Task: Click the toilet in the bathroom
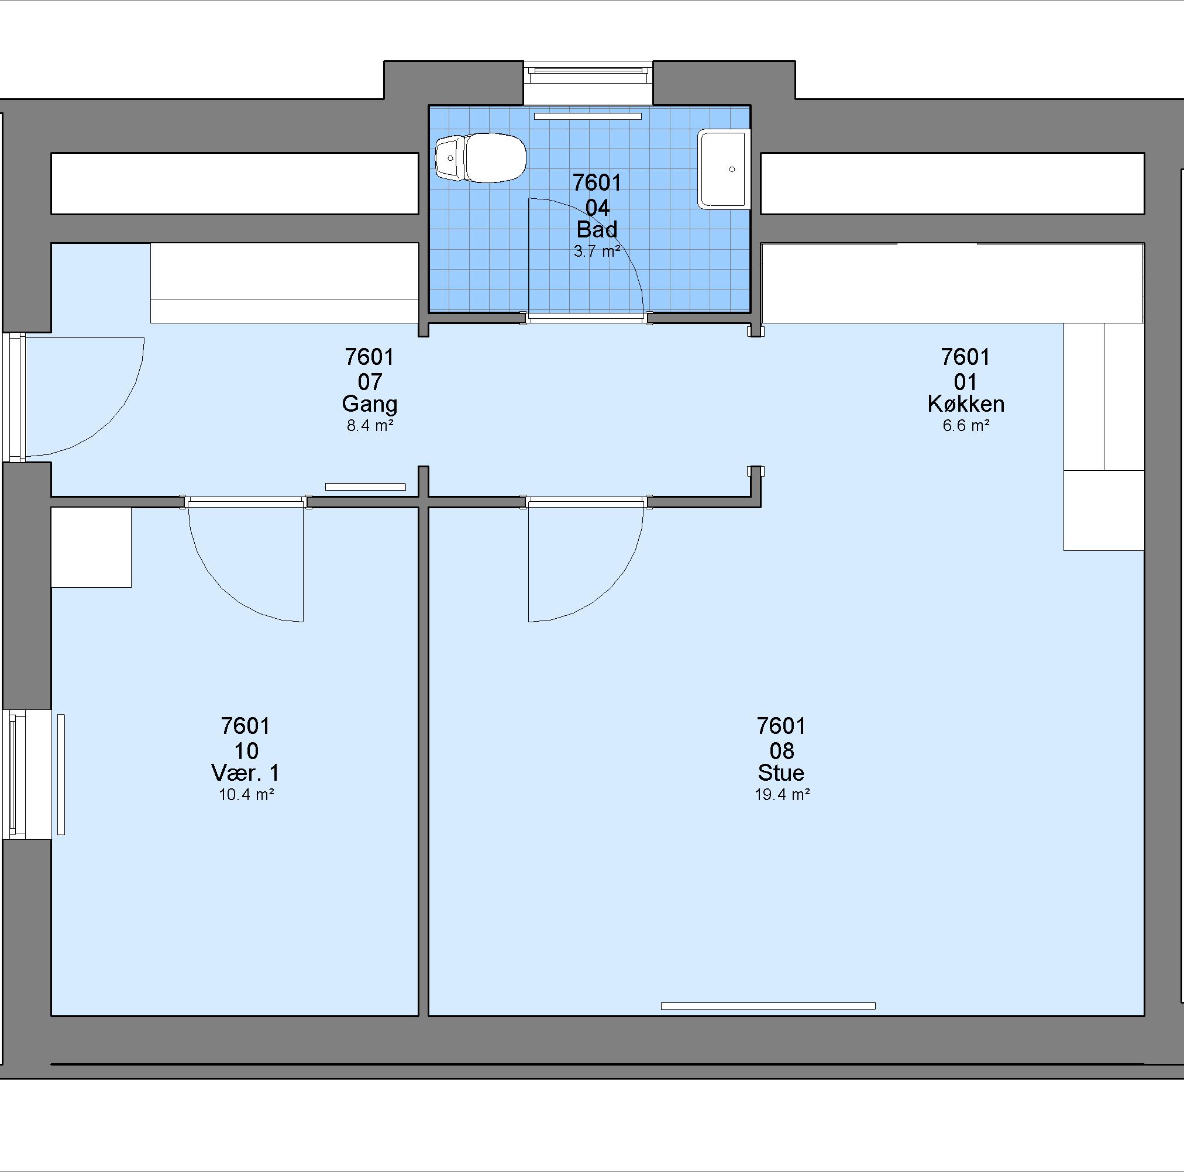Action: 480,158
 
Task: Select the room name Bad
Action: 597,230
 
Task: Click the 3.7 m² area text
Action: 597,251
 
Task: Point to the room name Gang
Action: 370,405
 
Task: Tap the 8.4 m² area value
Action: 370,425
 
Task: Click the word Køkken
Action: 966,404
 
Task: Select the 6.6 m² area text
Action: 966,425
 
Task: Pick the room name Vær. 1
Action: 246,773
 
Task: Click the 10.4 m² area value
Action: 246,795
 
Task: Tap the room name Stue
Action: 781,773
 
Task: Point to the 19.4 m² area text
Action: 782,795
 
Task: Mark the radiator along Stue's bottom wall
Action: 768,1006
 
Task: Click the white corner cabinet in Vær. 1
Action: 91,547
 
